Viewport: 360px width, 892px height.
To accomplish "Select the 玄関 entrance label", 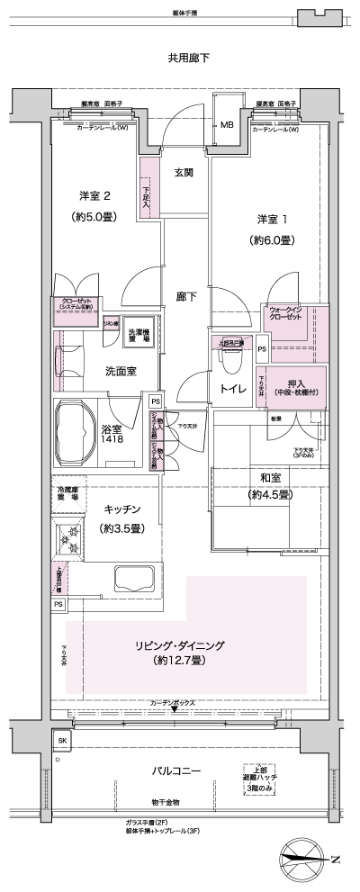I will [184, 173].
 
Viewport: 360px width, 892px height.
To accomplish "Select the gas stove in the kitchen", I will [69, 540].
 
